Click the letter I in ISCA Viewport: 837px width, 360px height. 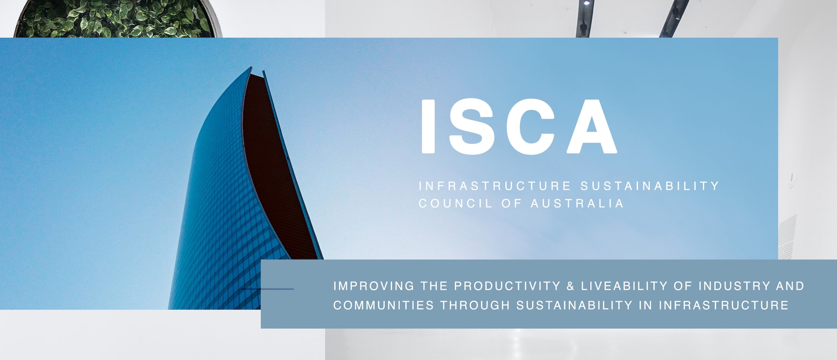point(428,126)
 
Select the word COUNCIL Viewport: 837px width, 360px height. point(455,204)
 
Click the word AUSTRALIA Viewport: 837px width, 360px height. point(577,204)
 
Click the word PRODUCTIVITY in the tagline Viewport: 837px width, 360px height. point(507,286)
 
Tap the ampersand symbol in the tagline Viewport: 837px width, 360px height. point(571,286)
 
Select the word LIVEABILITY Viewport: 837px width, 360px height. point(624,286)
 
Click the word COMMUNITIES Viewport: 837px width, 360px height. point(383,305)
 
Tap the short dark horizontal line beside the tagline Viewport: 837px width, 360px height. point(268,289)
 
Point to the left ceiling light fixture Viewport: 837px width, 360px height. point(585,17)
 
